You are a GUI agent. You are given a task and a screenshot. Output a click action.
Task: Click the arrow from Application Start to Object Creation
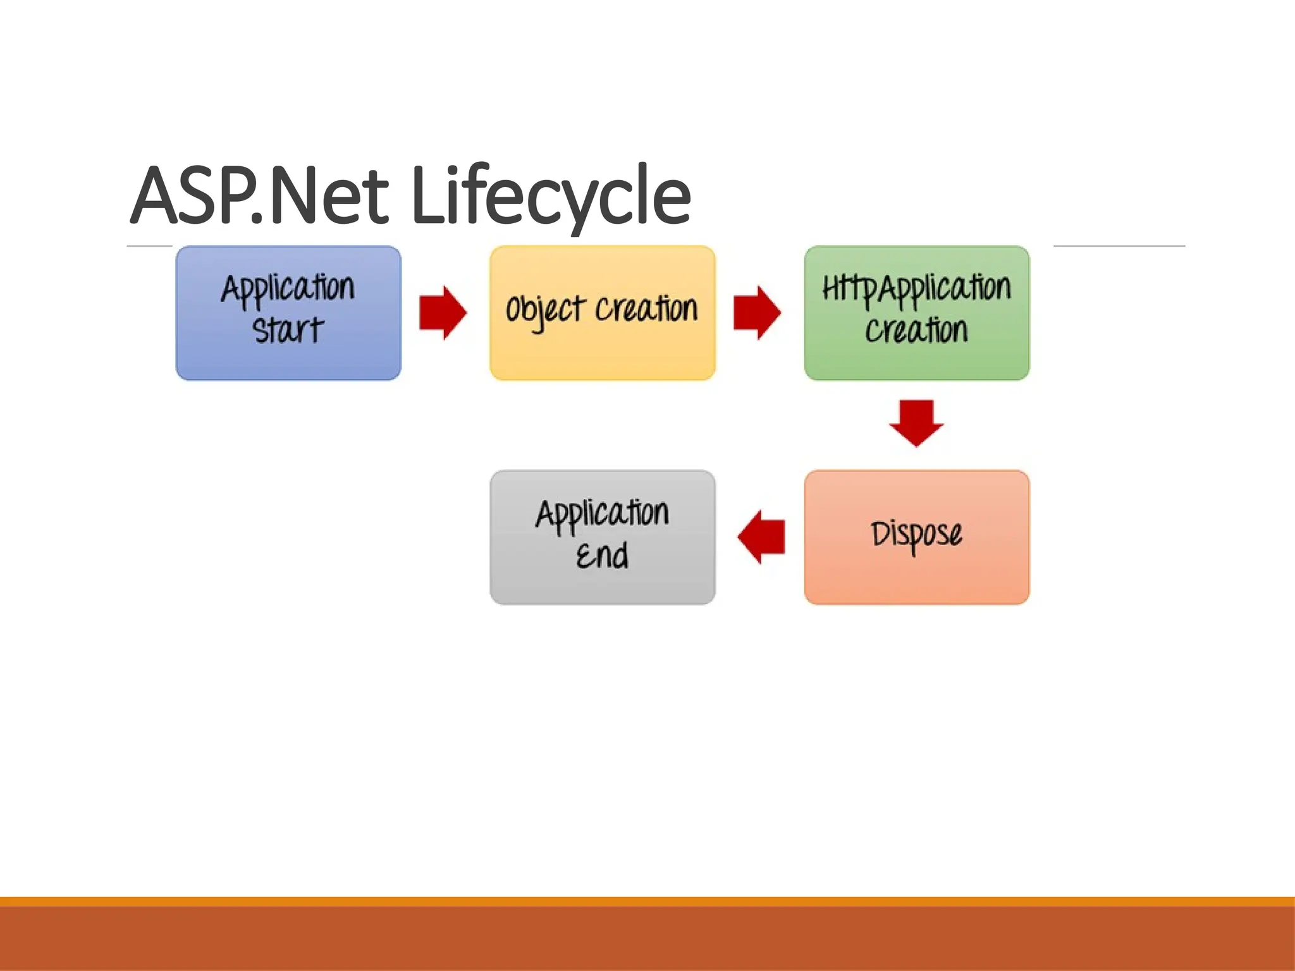pyautogui.click(x=443, y=313)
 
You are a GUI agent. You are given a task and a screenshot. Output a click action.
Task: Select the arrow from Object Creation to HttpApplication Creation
pyautogui.click(x=757, y=313)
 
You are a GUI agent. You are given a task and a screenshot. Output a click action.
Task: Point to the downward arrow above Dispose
pyautogui.click(x=916, y=422)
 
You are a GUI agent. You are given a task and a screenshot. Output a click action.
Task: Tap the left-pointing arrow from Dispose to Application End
pyautogui.click(x=761, y=537)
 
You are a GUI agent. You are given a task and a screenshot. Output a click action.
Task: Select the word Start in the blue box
pyautogui.click(x=288, y=331)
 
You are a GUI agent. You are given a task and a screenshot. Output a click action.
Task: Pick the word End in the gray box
pyautogui.click(x=602, y=556)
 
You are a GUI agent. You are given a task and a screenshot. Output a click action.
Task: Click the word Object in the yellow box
pyautogui.click(x=544, y=310)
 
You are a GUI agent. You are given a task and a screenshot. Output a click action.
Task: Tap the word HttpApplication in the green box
pyautogui.click(x=916, y=289)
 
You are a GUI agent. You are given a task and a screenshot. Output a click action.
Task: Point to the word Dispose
pyautogui.click(x=916, y=535)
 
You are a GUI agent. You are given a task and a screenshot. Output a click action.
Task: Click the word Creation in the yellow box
pyautogui.click(x=646, y=309)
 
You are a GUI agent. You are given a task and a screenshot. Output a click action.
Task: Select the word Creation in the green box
pyautogui.click(x=916, y=331)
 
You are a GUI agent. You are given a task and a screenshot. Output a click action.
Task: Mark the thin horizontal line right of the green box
pyautogui.click(x=1119, y=246)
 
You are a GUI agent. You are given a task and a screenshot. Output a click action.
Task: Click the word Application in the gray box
pyautogui.click(x=602, y=513)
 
